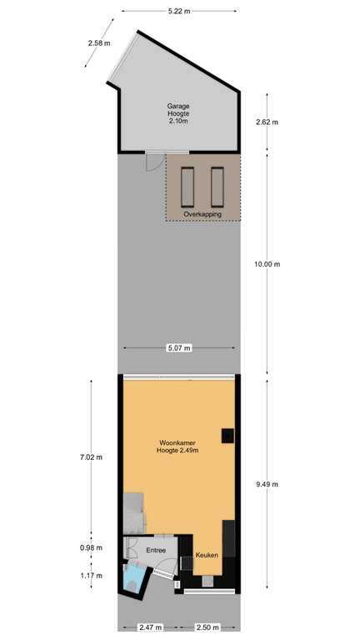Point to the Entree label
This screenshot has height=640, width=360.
tap(156, 550)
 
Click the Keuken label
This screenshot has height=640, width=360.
tap(206, 554)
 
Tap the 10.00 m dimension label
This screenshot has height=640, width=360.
tap(267, 264)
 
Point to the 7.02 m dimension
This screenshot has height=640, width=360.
tap(91, 457)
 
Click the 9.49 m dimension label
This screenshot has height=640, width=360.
tap(267, 484)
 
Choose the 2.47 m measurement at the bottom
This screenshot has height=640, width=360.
tap(150, 627)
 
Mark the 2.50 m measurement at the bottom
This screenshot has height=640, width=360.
tap(208, 627)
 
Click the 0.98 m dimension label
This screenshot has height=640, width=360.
tap(91, 547)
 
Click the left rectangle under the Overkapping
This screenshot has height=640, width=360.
tap(187, 188)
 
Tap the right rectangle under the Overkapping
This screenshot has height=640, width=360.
tap(217, 188)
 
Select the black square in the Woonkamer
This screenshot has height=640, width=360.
tap(226, 434)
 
